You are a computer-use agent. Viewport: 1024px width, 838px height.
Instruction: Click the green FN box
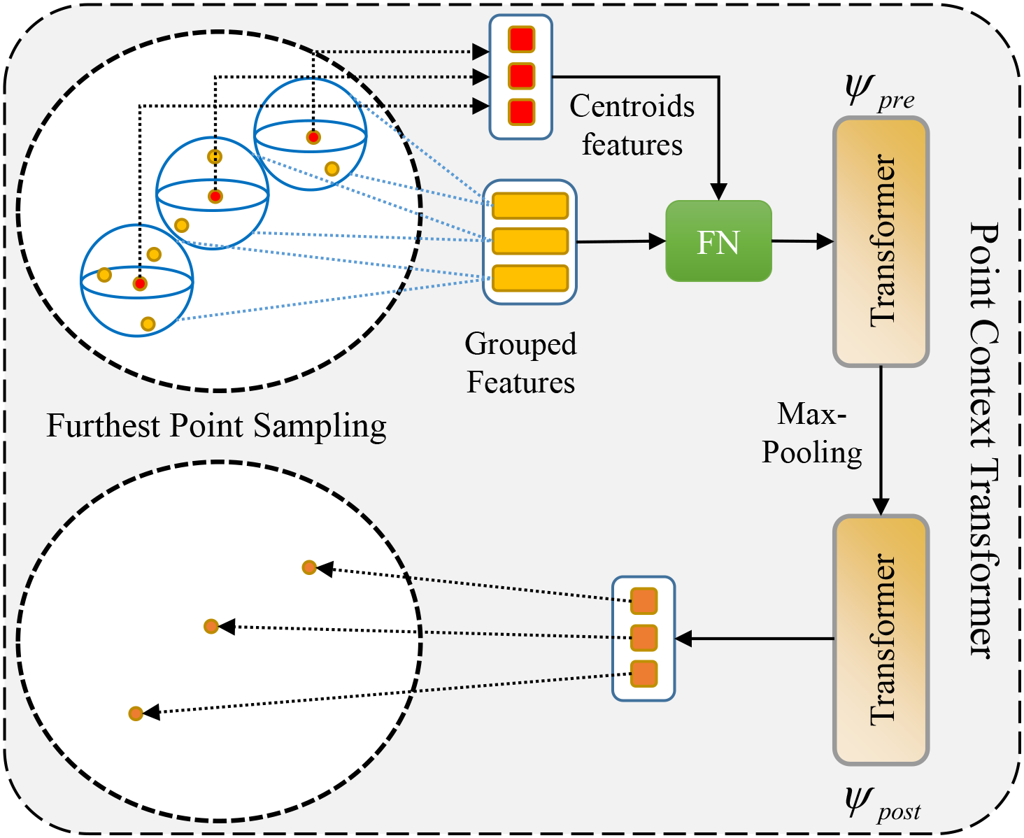718,241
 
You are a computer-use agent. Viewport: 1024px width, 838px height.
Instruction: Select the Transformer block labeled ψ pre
881,241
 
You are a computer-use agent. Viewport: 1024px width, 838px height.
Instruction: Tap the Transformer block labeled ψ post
881,640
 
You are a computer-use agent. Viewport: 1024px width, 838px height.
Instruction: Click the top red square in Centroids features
521,40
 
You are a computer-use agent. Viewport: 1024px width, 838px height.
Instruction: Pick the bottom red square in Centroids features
521,112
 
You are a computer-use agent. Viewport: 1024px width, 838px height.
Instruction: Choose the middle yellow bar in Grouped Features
530,241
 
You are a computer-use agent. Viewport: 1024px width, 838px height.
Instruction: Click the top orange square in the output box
643,601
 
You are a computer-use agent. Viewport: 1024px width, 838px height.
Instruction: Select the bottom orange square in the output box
643,674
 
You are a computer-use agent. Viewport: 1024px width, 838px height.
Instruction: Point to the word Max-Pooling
811,434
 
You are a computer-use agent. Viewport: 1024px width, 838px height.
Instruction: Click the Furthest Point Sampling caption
216,426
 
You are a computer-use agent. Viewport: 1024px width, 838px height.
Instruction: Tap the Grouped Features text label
520,363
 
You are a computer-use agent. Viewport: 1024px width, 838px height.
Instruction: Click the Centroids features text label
632,125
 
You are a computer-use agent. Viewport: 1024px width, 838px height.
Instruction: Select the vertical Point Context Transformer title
983,441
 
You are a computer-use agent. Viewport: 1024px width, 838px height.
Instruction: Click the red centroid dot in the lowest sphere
140,283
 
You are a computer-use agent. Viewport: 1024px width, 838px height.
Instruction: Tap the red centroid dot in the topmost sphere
313,137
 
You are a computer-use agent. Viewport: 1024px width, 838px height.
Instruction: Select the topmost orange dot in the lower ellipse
309,567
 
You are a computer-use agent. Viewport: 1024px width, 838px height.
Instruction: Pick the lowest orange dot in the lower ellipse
136,713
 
